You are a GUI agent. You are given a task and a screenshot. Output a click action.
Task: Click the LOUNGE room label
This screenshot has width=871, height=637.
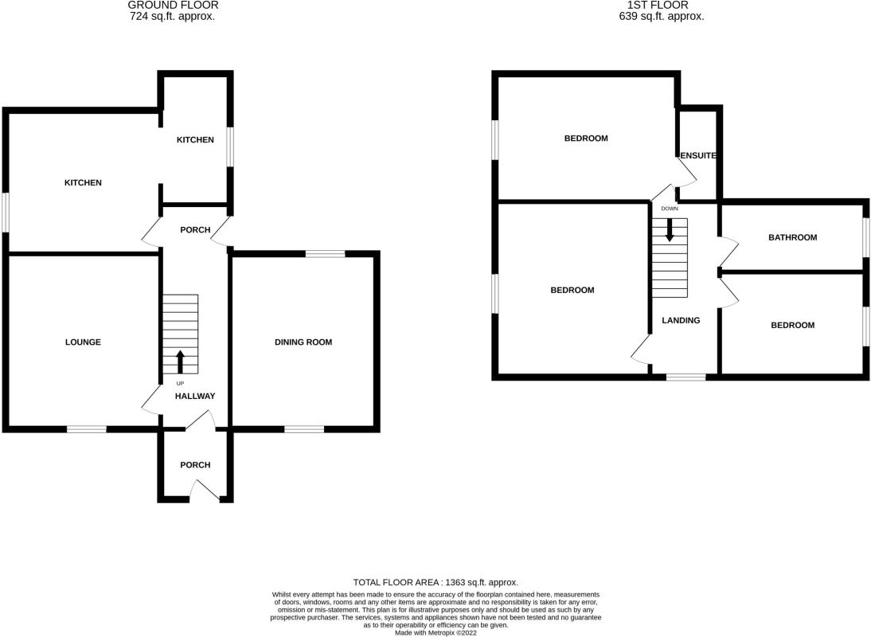tap(83, 342)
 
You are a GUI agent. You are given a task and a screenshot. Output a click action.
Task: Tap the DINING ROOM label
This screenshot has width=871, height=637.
tap(303, 342)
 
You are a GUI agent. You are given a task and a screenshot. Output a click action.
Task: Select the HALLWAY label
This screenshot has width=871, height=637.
tap(195, 396)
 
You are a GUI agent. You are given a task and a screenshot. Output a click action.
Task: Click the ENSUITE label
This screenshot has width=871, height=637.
tap(700, 156)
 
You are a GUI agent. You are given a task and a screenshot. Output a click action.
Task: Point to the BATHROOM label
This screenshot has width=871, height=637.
tap(792, 237)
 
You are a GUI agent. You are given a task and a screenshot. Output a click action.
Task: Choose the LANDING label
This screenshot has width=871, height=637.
tap(682, 321)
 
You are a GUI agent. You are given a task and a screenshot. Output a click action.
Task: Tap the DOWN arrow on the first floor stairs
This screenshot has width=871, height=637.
tap(670, 229)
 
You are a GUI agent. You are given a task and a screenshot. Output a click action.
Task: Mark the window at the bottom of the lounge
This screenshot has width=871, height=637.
tap(86, 429)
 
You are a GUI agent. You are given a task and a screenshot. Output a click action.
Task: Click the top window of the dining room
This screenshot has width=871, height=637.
tap(325, 254)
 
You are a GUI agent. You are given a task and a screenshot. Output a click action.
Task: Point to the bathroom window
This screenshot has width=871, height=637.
tap(866, 237)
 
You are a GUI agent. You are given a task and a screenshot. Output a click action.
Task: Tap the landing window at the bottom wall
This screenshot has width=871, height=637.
tap(685, 377)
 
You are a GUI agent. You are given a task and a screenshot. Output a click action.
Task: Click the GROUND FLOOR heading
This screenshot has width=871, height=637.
tap(173, 5)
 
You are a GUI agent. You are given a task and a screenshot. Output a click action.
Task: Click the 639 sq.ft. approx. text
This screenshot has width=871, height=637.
tap(662, 16)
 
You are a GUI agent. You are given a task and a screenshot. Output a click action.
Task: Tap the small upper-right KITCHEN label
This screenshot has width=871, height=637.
tap(195, 140)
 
